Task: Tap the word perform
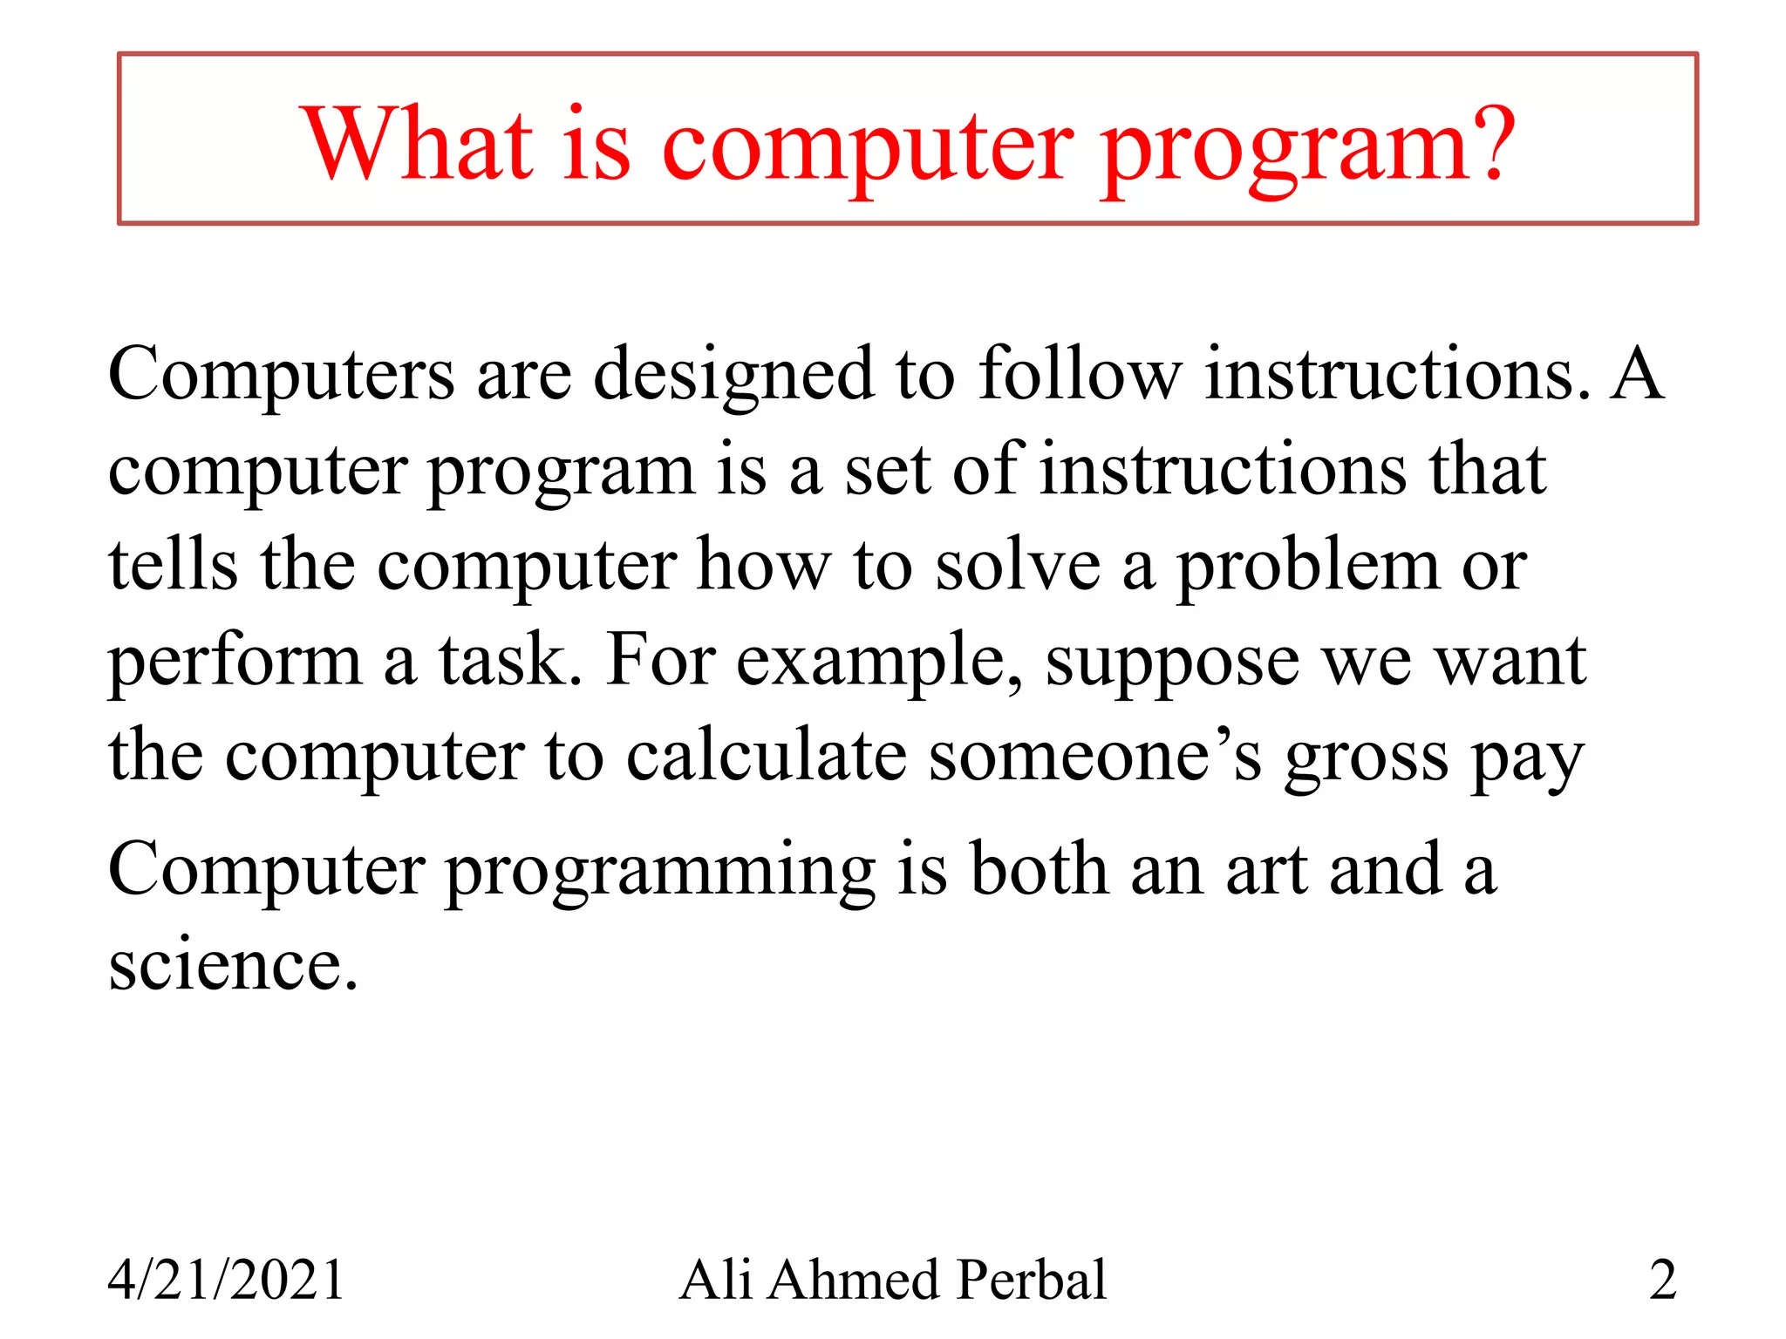(x=235, y=663)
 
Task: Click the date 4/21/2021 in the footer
(x=226, y=1280)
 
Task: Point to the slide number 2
(x=1662, y=1280)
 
